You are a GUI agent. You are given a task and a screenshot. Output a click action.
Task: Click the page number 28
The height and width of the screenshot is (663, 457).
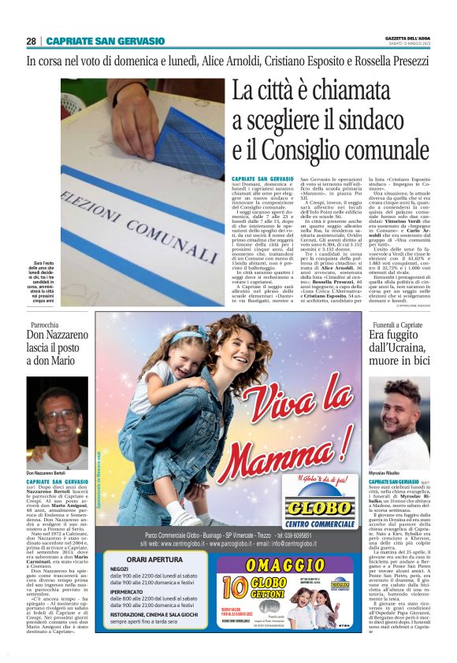pyautogui.click(x=32, y=41)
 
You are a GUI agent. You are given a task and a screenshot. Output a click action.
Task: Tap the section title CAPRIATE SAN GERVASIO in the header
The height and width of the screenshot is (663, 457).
pyautogui.click(x=105, y=41)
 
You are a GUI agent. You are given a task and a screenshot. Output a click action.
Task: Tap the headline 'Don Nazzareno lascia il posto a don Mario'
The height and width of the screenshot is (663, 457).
pyautogui.click(x=58, y=351)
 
